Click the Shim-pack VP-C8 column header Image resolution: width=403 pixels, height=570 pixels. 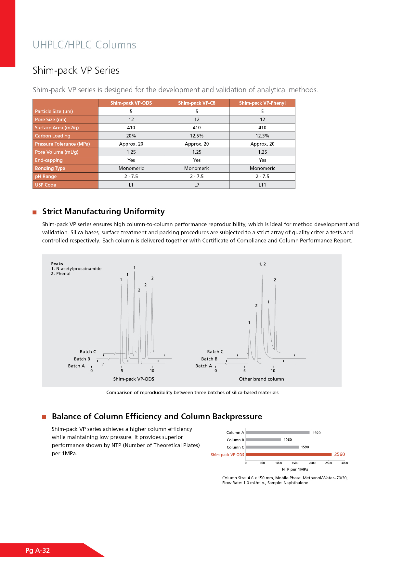coord(197,103)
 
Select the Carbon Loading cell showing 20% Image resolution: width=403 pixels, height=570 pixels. coord(131,136)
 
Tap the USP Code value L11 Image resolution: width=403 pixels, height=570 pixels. coord(262,185)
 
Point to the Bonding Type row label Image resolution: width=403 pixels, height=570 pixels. coord(50,168)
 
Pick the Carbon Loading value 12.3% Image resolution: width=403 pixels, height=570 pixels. coord(262,136)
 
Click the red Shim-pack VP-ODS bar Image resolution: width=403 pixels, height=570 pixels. coord(289,454)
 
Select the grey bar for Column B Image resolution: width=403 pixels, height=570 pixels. coord(263,440)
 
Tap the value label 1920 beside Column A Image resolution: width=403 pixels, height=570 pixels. coord(317,433)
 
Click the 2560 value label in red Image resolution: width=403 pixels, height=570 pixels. coord(340,454)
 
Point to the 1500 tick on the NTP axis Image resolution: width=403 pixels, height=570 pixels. coord(295,463)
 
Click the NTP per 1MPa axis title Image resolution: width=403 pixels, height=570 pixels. coord(295,469)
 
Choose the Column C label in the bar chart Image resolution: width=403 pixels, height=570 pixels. coord(235,447)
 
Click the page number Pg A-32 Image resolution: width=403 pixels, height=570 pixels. coord(38,551)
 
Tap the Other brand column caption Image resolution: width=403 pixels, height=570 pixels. coord(261,379)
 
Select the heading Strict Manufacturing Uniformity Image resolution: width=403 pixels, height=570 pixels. coord(103,212)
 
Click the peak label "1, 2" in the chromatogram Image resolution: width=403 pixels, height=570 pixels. coord(262,264)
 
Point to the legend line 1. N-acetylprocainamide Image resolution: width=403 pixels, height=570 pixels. coord(76,269)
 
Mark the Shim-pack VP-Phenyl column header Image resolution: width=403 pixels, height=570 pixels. coord(262,103)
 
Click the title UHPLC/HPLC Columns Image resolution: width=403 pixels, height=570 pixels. coord(84,45)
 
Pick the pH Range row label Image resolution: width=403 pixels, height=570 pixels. coord(46,176)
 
